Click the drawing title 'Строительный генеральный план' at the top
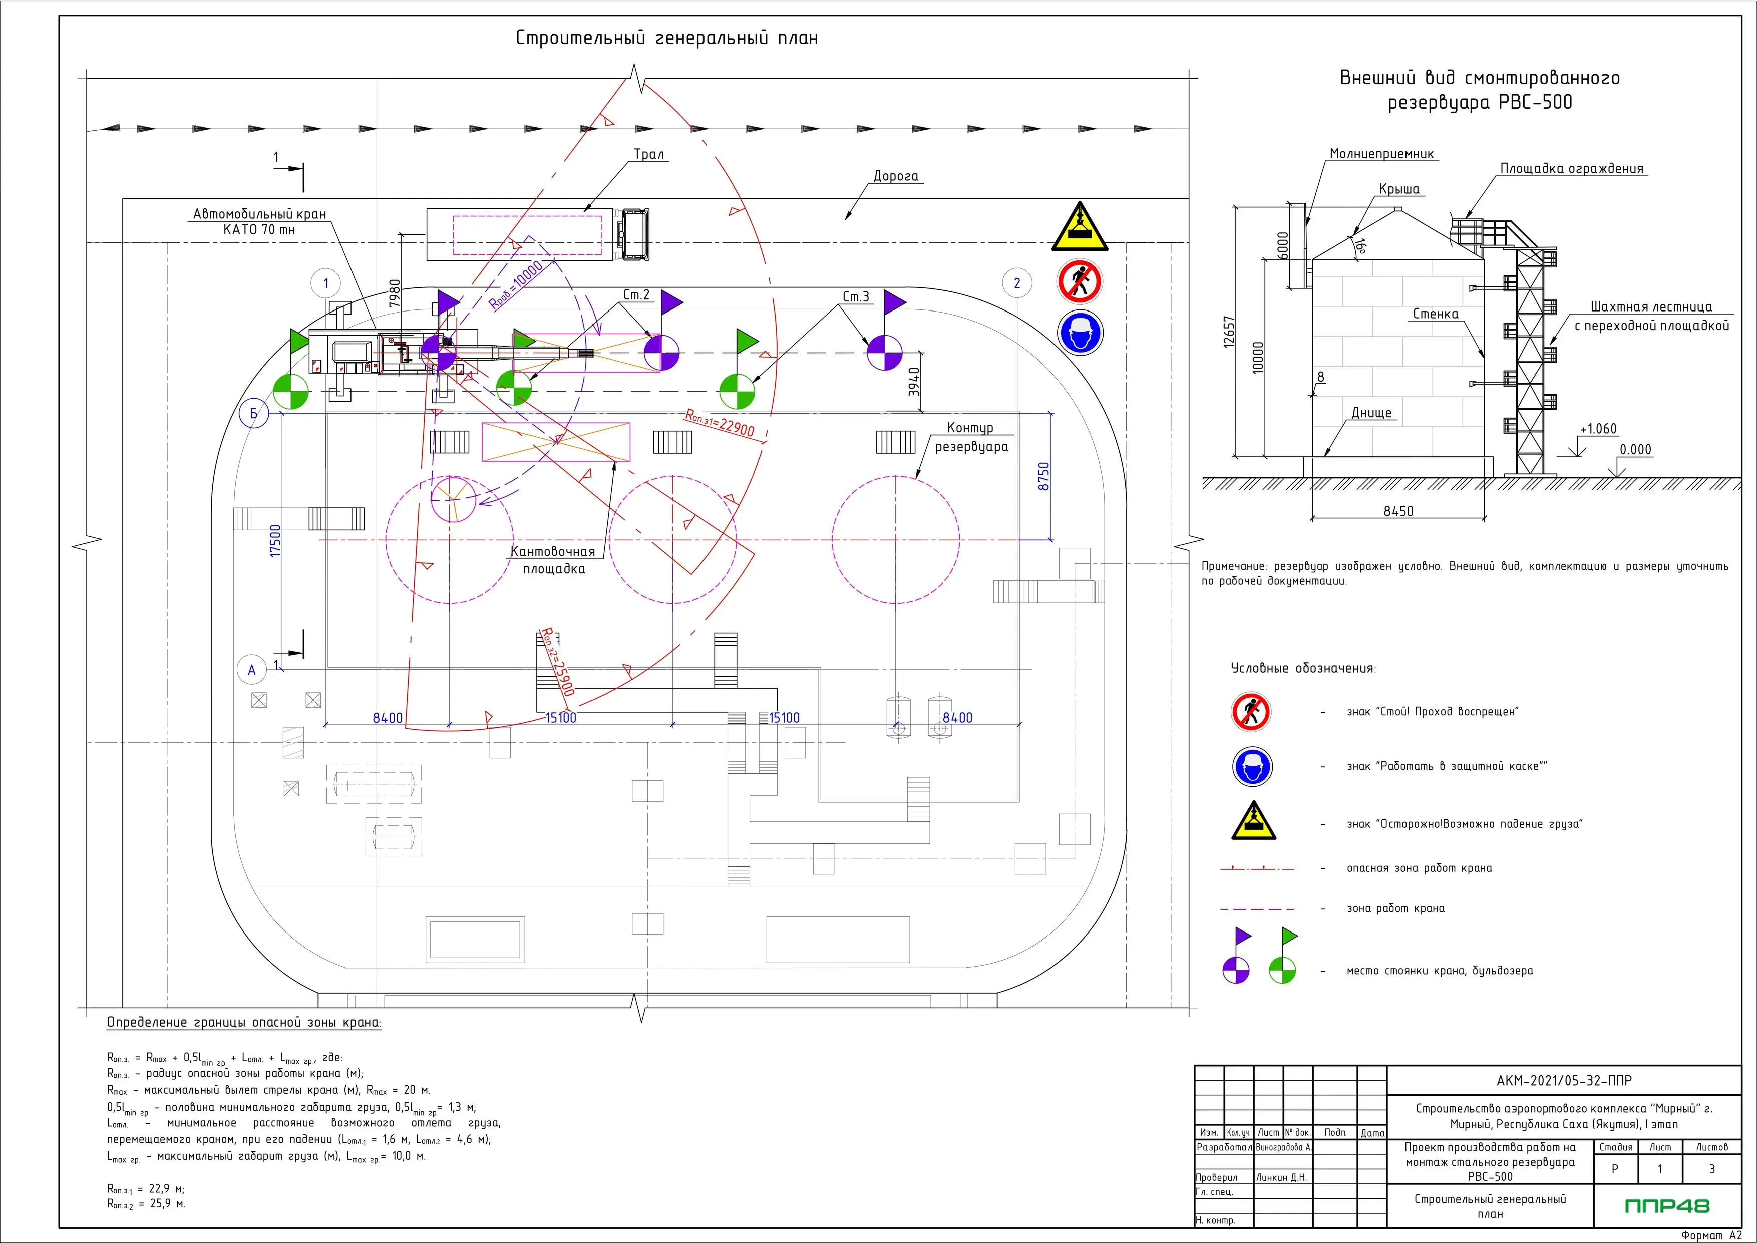pos(666,38)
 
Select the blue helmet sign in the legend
pos(1252,766)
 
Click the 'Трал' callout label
pos(649,155)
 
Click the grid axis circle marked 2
pos(1017,283)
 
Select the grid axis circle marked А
pos(252,670)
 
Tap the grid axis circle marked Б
pos(254,414)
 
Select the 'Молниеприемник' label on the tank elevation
pos(1381,154)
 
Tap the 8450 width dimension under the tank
pos(1398,511)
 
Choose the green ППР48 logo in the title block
pos(1667,1206)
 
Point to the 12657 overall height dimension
pos(1229,332)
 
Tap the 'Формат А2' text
pos(1711,1234)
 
